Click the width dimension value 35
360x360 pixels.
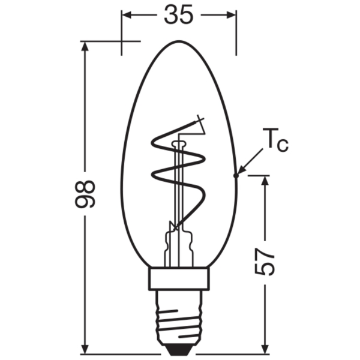pos(179,14)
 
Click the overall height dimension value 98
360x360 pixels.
pos(85,194)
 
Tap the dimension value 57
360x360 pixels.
pos(265,262)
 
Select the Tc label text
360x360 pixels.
pos(275,140)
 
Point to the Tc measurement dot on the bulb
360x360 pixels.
pos(236,176)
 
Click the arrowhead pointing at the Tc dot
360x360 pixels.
pos(242,170)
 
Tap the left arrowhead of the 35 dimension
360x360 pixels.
pos(126,14)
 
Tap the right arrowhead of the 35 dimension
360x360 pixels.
pos(232,14)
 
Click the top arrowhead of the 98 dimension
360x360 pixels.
pos(85,46)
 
